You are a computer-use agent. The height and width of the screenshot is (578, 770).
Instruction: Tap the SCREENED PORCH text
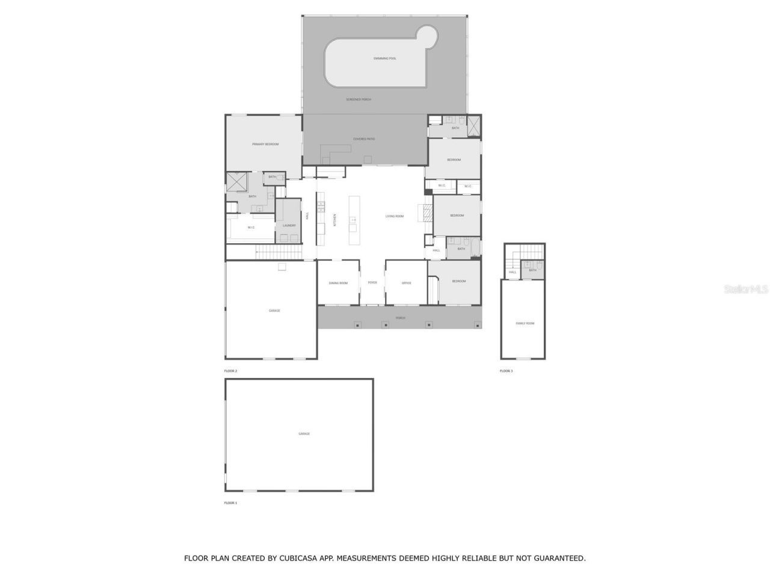coord(359,99)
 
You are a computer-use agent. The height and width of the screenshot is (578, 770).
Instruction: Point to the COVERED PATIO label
coord(364,139)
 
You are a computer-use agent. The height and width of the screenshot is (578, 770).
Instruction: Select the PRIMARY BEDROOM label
coord(265,144)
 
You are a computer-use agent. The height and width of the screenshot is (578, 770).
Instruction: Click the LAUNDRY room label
coord(289,226)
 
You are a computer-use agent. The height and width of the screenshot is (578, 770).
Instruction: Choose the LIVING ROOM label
coord(395,216)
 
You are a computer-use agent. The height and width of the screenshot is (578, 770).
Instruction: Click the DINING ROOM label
coord(338,283)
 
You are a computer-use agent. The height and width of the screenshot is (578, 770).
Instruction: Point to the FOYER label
coord(372,282)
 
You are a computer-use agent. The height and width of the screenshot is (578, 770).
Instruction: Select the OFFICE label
coord(407,283)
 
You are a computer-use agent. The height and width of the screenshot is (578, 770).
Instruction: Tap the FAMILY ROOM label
coord(525,323)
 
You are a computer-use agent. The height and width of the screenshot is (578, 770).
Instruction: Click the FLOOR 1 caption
coord(231,503)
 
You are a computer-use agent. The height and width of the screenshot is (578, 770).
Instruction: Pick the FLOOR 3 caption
coord(507,371)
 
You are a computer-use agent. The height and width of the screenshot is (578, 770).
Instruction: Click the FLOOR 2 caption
coord(231,371)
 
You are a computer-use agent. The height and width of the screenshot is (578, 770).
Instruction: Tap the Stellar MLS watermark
coord(746,290)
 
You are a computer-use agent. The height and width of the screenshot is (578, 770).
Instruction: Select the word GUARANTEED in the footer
coord(559,559)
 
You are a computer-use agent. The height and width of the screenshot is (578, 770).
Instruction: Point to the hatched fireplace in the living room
coord(427,213)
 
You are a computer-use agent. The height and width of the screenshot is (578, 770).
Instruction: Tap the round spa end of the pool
coord(430,37)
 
